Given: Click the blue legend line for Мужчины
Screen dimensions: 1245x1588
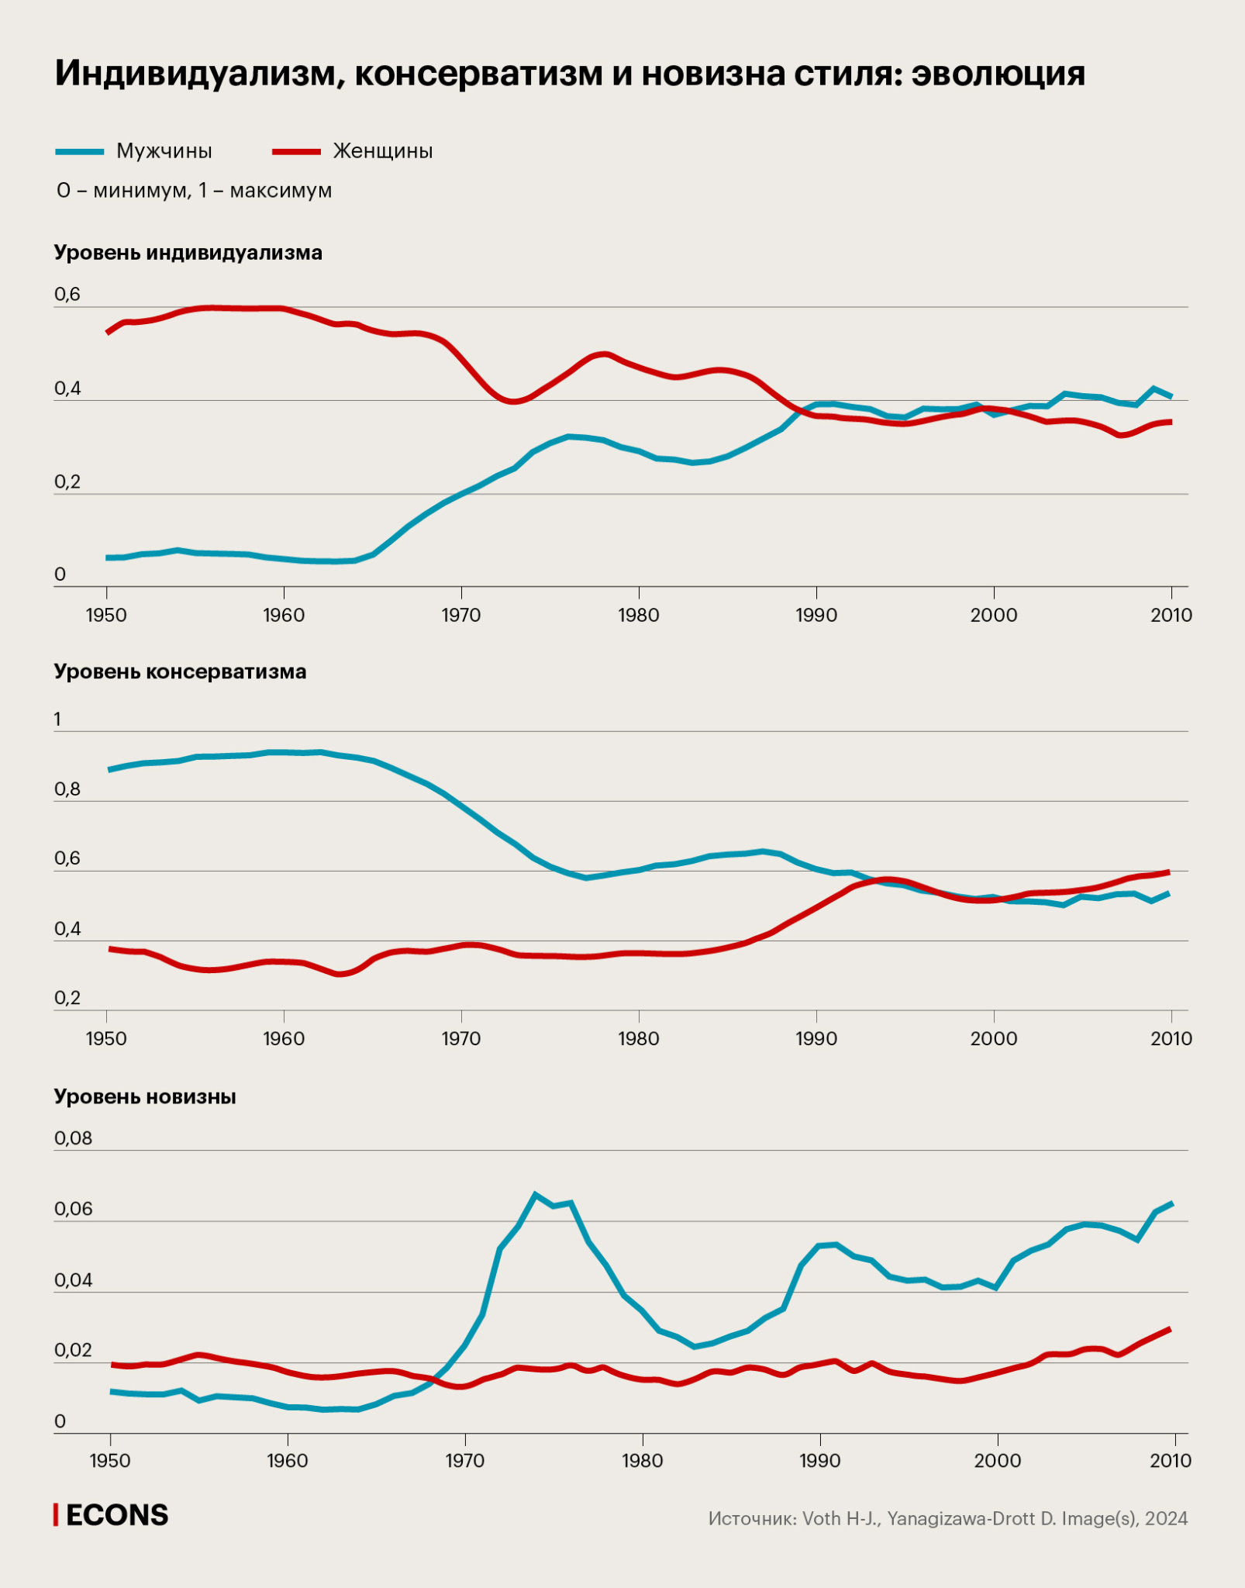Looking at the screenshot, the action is (x=79, y=152).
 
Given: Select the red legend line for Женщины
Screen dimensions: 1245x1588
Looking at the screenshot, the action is (x=296, y=152).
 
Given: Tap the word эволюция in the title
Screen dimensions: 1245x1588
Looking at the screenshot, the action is (x=998, y=74).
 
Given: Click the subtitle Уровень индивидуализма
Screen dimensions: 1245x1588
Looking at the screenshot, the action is (x=188, y=253).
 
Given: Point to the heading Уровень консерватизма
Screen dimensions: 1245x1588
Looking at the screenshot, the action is (x=181, y=671).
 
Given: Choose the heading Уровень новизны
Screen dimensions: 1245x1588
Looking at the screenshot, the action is (x=145, y=1096).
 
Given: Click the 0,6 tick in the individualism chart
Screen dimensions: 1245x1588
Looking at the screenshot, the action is (x=67, y=295).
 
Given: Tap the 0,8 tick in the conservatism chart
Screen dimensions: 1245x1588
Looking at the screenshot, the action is (x=67, y=789).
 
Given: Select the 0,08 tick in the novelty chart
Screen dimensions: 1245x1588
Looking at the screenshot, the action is (x=73, y=1138).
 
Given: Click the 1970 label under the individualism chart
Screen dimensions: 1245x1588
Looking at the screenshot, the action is (x=461, y=615).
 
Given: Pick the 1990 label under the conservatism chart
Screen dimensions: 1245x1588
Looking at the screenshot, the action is (x=816, y=1038).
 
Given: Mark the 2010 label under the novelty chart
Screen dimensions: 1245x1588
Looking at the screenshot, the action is (x=1171, y=1461).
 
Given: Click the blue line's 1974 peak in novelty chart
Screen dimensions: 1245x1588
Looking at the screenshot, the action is (x=535, y=1194).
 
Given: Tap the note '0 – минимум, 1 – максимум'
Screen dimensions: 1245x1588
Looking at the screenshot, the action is (x=194, y=191).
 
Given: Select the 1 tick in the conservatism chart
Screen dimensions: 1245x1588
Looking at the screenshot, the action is (x=57, y=720).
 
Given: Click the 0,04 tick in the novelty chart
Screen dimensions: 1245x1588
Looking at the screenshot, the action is (x=73, y=1280).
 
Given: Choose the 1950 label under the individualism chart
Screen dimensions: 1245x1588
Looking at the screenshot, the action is (x=106, y=615).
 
